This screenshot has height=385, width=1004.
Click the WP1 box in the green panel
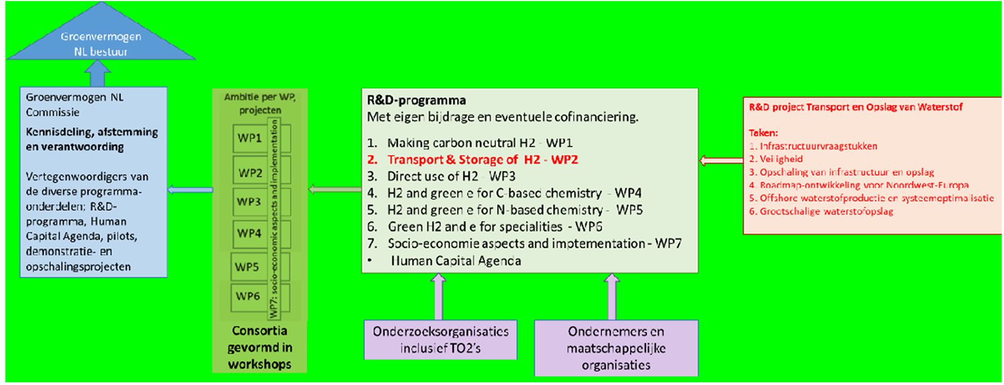[x=250, y=138]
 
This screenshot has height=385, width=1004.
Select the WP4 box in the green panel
[x=249, y=233]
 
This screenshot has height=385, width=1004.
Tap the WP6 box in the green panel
[x=248, y=296]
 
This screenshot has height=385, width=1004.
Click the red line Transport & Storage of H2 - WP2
[x=482, y=159]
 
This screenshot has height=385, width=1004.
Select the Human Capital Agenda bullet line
[x=455, y=261]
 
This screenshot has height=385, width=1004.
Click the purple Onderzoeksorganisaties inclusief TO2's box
[x=440, y=340]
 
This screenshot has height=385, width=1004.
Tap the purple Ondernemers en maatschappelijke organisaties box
[x=616, y=348]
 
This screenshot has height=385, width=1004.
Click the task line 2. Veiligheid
[x=776, y=159]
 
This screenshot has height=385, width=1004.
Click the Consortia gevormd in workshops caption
[x=259, y=347]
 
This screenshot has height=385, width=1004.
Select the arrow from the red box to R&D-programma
[x=721, y=160]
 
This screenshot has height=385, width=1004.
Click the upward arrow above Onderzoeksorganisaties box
[x=439, y=296]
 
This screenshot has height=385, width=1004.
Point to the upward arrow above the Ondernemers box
[x=612, y=296]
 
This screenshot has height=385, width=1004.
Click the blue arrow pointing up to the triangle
[x=97, y=73]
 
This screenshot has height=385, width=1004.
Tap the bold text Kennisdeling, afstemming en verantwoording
[x=92, y=139]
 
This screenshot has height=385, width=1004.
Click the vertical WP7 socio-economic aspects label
[x=274, y=218]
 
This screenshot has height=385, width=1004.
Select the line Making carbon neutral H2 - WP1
[x=479, y=143]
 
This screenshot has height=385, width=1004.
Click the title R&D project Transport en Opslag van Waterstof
[x=855, y=107]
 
